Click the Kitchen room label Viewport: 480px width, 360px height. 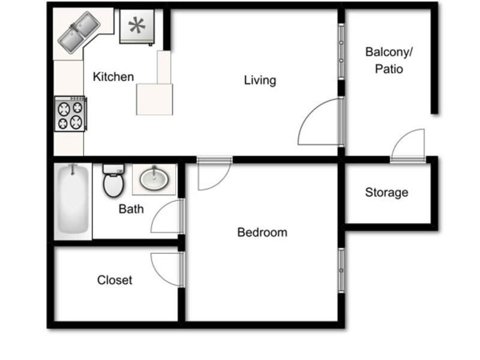[x=113, y=77]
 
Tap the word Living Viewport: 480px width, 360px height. [x=260, y=80]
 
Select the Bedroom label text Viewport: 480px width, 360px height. [x=262, y=232]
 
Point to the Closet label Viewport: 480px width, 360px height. [x=115, y=280]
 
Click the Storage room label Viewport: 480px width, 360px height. [x=386, y=193]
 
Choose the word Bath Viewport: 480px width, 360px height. [x=131, y=209]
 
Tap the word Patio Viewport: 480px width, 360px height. [x=389, y=69]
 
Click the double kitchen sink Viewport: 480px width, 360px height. [x=79, y=32]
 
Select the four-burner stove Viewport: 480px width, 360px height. [x=70, y=114]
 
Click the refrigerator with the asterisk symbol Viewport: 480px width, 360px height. [x=137, y=26]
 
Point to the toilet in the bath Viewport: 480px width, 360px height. [x=113, y=181]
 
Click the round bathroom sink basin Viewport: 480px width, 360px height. [x=154, y=179]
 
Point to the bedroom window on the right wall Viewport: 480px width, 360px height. [x=341, y=271]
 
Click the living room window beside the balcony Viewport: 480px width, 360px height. [x=341, y=52]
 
